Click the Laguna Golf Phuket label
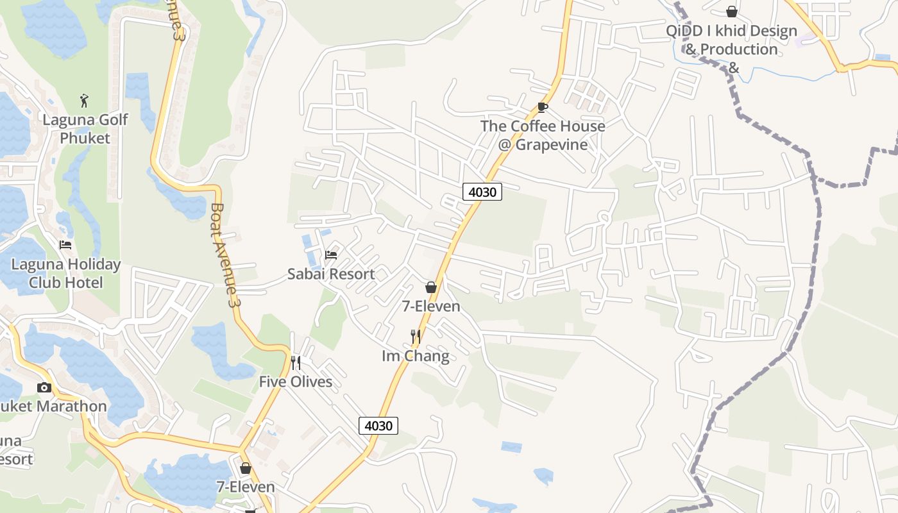pos(85,128)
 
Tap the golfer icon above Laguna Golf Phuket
pos(84,101)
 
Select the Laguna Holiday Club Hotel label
pos(66,273)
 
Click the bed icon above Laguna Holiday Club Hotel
pos(65,244)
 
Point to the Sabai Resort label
pos(331,274)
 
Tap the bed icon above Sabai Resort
pos(331,255)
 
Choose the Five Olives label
pos(296,382)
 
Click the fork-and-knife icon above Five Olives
pos(296,363)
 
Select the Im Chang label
pos(416,355)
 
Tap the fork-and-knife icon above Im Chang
pos(416,336)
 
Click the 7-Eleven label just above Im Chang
pos(431,306)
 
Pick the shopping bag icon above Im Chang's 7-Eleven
pos(431,287)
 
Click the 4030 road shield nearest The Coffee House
pos(482,191)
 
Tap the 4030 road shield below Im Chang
pos(378,425)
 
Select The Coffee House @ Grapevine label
pos(543,135)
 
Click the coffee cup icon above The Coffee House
pos(543,107)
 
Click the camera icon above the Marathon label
pos(44,387)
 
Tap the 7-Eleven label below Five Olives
pos(246,487)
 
